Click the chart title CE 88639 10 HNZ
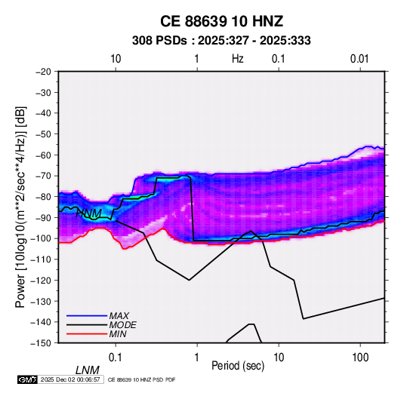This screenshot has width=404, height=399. pyautogui.click(x=221, y=21)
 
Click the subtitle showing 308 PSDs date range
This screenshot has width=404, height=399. pyautogui.click(x=221, y=41)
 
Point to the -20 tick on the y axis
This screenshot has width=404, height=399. pyautogui.click(x=43, y=72)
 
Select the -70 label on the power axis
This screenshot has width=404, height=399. pyautogui.click(x=43, y=176)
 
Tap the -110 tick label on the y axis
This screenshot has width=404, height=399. pyautogui.click(x=42, y=259)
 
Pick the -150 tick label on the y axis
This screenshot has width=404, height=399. pyautogui.click(x=42, y=343)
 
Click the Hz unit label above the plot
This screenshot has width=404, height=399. pyautogui.click(x=238, y=59)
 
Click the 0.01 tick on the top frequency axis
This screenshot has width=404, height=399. pyautogui.click(x=359, y=59)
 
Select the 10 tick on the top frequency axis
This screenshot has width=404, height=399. pyautogui.click(x=116, y=59)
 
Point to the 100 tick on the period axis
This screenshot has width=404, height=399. pyautogui.click(x=360, y=358)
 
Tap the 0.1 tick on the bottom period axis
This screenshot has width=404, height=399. pyautogui.click(x=116, y=358)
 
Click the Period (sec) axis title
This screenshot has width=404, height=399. pyautogui.click(x=238, y=366)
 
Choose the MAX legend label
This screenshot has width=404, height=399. pyautogui.click(x=119, y=316)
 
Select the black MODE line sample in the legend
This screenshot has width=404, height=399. pyautogui.click(x=87, y=325)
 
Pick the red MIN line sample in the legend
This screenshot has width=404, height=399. pyautogui.click(x=87, y=334)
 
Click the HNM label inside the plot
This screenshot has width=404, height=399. pyautogui.click(x=88, y=213)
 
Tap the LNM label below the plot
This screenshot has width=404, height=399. pyautogui.click(x=88, y=370)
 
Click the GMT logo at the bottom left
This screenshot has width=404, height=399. pyautogui.click(x=28, y=379)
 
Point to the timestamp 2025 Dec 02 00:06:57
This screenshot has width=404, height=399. pyautogui.click(x=70, y=379)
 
